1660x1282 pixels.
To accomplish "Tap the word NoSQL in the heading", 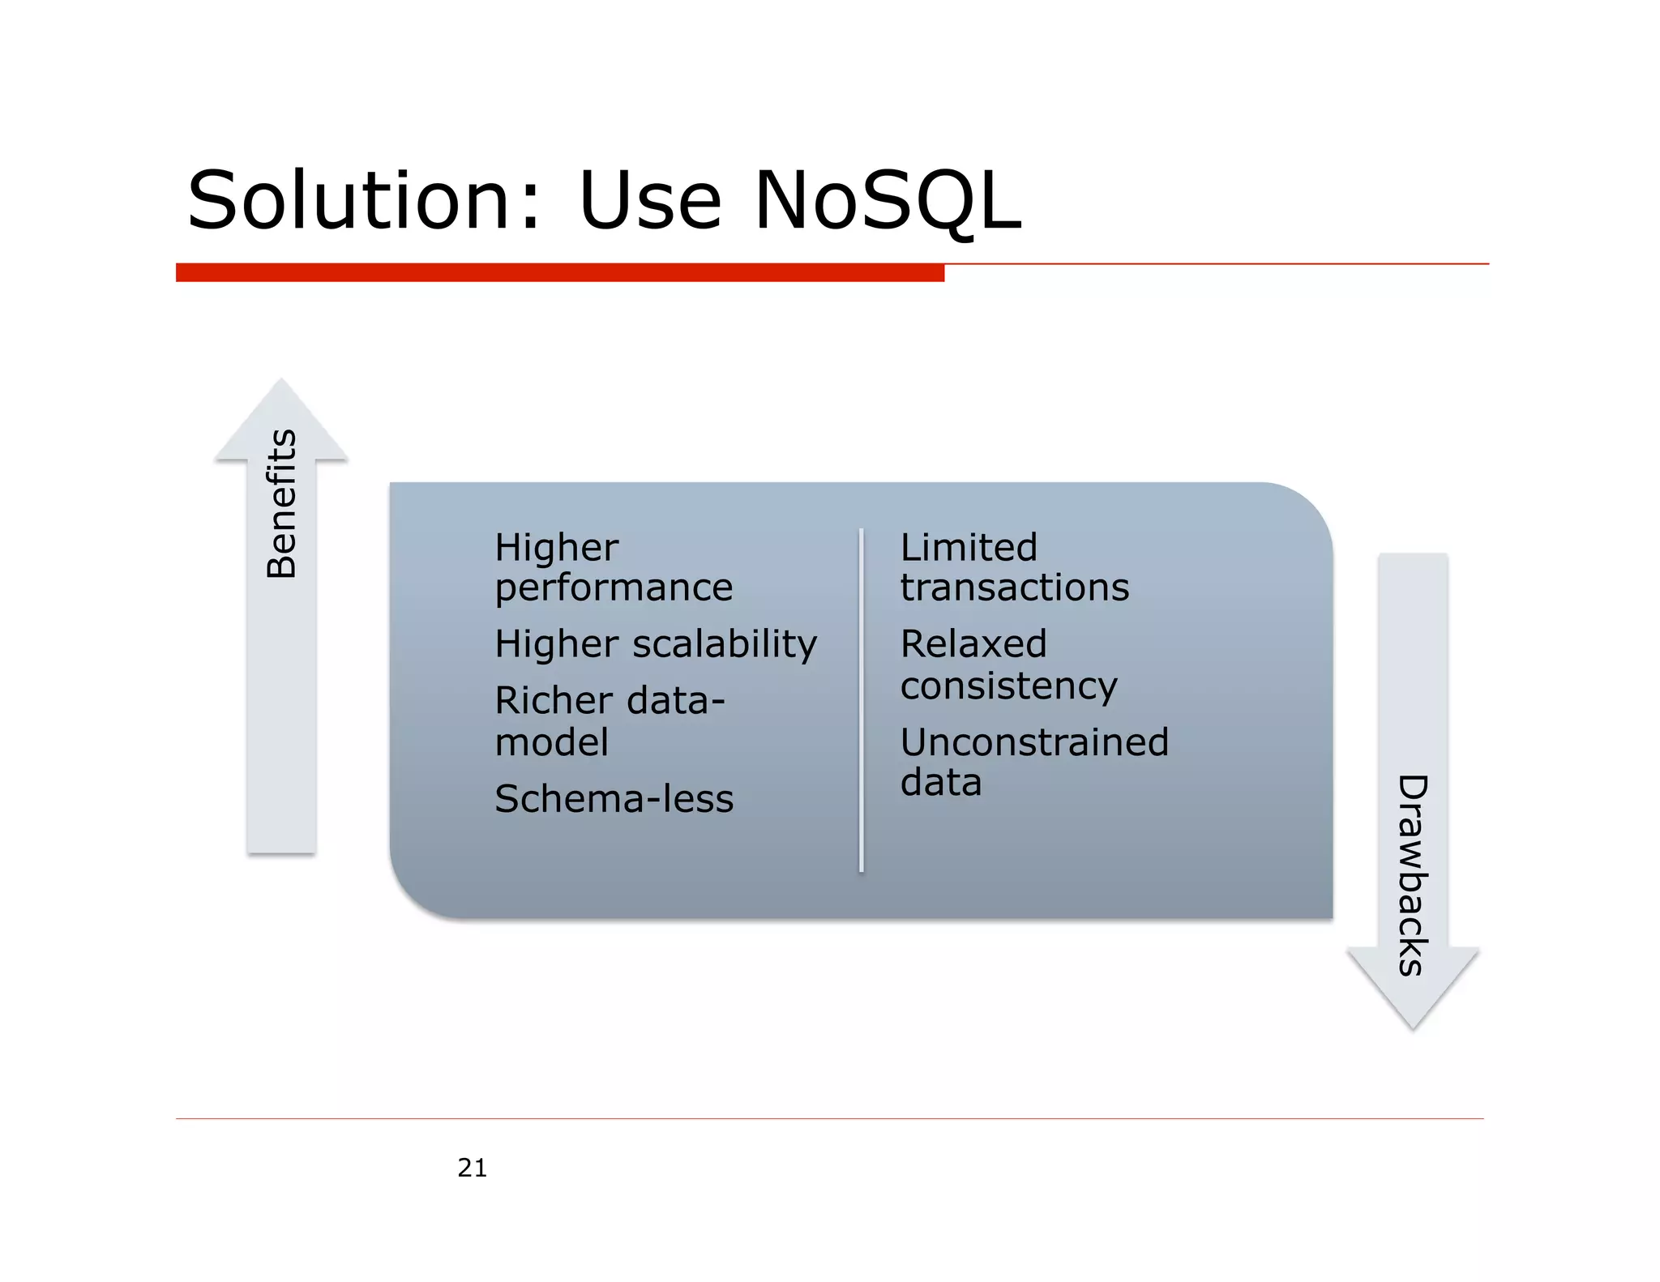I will tap(887, 200).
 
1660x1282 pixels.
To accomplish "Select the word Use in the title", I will tap(649, 200).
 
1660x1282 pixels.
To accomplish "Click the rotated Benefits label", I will tap(281, 503).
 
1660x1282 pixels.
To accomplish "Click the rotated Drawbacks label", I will tap(1413, 875).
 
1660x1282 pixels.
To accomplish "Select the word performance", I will tap(614, 588).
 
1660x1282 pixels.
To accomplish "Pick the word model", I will tap(551, 742).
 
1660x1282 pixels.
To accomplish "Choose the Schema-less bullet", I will tap(614, 799).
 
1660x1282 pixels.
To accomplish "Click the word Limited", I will tap(969, 548).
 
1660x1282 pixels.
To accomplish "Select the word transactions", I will tap(1014, 588).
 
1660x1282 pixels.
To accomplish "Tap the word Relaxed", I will tap(973, 645).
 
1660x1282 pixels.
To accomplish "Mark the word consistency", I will tap(1008, 686).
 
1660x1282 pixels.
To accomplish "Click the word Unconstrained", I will tap(1034, 742).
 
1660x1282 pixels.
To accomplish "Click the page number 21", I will tap(472, 1168).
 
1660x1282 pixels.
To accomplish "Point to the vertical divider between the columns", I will tap(861, 701).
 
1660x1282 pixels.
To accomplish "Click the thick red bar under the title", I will tap(559, 273).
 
